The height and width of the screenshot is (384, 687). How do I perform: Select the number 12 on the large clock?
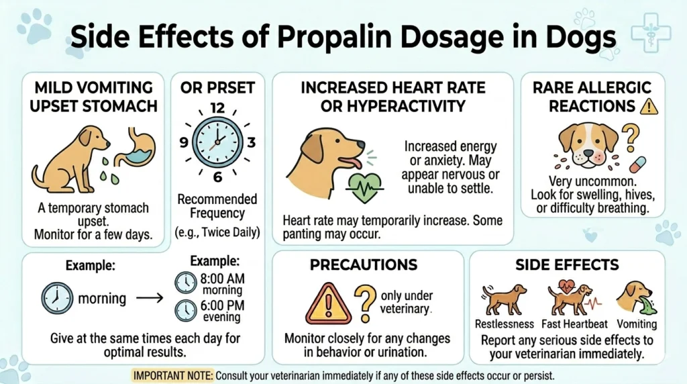[217, 108]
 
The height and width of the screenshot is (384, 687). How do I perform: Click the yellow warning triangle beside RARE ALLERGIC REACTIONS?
[648, 105]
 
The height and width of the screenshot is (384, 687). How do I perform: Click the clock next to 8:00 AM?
[185, 283]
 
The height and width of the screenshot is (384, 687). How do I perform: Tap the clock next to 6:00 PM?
[185, 310]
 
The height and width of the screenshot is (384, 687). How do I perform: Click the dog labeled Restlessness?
[505, 300]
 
